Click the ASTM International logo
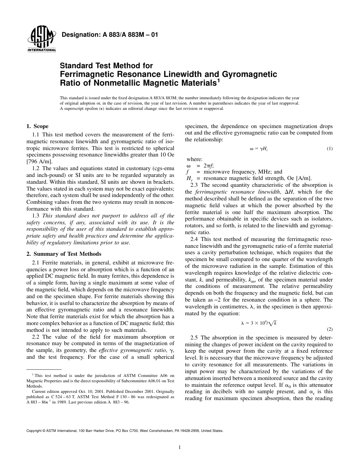point(41,39)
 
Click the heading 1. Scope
point(37,126)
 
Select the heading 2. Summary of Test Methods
point(64,254)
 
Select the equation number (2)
point(329,319)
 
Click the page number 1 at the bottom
point(180,447)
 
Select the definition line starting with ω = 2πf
point(200,166)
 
